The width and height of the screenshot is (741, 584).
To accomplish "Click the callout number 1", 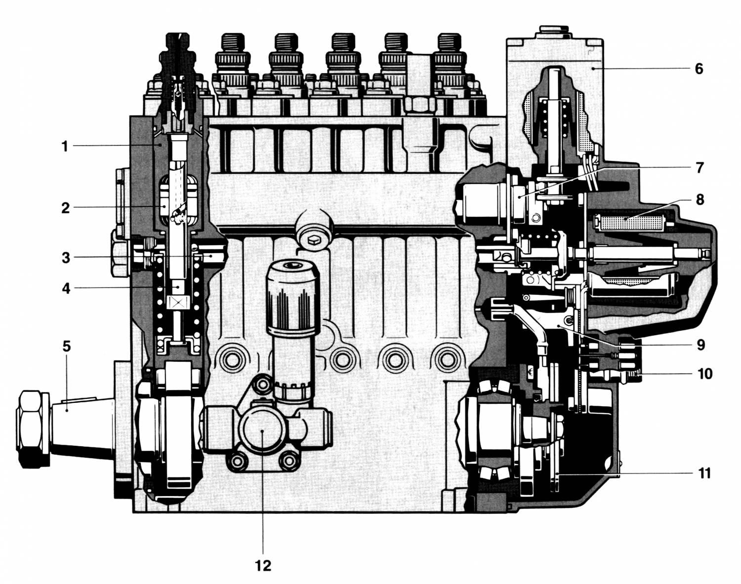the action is click(x=65, y=147).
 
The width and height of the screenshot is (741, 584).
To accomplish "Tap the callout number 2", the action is click(x=65, y=208).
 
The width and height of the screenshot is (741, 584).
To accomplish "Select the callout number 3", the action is click(x=66, y=258).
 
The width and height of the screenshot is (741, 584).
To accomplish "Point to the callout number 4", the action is click(x=66, y=288).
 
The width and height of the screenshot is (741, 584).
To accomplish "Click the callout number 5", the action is click(x=67, y=346).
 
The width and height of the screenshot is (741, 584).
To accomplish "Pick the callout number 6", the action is click(x=699, y=69).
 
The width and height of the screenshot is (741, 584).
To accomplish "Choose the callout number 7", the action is click(x=700, y=168).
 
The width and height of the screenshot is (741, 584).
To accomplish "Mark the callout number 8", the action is click(x=700, y=199).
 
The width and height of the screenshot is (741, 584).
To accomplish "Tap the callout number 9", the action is click(x=700, y=345).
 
